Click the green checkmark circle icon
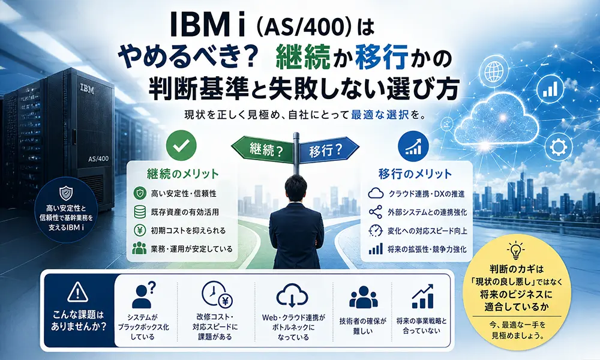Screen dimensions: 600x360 point(181,145)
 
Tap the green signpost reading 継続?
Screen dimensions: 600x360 point(263,149)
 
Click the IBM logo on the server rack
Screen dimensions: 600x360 point(87,89)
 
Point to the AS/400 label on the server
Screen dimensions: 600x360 point(98,158)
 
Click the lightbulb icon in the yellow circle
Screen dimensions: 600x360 point(515,251)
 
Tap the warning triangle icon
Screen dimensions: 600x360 point(77,292)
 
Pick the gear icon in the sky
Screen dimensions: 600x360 point(558,147)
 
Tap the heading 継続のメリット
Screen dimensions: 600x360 point(183,174)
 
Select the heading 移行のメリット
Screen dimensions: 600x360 point(415,174)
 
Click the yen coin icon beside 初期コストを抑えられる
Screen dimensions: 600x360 point(140,230)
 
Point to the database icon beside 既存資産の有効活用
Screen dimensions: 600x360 point(140,212)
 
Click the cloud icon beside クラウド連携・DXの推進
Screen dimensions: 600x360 point(376,194)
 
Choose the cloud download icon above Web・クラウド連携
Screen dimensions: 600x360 point(292,295)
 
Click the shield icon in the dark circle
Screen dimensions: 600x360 point(66,193)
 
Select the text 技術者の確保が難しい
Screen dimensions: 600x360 point(363,326)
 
